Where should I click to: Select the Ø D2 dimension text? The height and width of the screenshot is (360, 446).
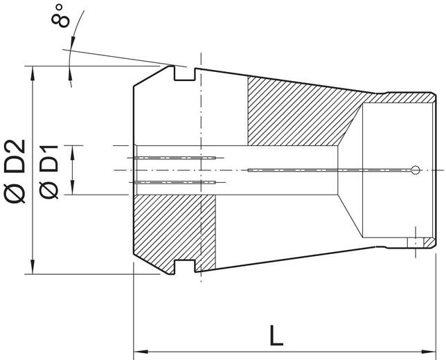(x=15, y=170)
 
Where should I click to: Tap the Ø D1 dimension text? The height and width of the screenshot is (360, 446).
(x=50, y=170)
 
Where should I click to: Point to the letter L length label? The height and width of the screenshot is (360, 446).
(x=276, y=336)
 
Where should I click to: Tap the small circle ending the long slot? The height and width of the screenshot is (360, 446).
(x=414, y=170)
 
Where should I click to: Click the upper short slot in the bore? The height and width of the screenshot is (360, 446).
(x=177, y=159)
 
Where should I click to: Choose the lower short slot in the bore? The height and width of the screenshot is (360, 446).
(x=177, y=182)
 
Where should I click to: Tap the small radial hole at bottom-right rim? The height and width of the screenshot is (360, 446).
(x=416, y=242)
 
